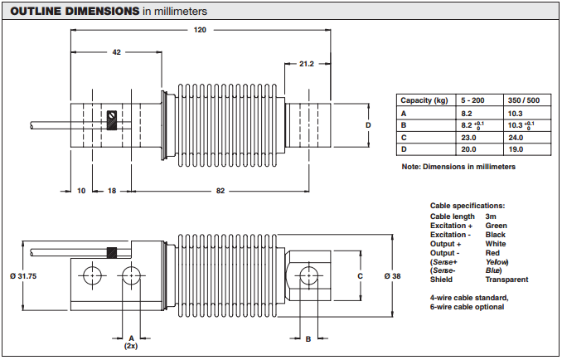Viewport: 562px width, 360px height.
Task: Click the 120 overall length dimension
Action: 199,31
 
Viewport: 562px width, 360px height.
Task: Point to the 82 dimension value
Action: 220,191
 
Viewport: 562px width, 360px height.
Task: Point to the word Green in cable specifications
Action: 496,226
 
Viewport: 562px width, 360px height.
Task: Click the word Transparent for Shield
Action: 506,280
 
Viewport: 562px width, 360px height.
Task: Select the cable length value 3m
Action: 491,216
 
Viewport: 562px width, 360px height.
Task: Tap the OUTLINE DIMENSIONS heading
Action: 73,12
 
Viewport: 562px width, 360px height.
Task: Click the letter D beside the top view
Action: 367,124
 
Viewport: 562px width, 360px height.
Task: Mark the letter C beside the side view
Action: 359,275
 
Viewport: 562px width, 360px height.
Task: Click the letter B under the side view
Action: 308,338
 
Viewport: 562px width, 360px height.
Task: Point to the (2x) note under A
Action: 130,347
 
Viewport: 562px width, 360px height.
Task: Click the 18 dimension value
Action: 112,191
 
